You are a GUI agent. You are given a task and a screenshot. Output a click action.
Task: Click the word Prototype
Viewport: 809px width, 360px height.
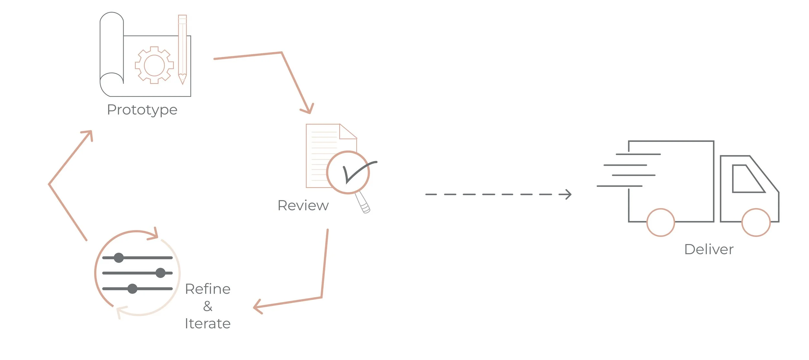(x=142, y=110)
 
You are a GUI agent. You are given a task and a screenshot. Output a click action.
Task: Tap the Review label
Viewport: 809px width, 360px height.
(x=303, y=206)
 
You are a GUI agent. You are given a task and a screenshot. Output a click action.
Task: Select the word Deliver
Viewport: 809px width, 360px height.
(x=709, y=250)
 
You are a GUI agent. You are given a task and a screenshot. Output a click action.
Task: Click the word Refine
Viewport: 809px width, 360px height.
(x=207, y=289)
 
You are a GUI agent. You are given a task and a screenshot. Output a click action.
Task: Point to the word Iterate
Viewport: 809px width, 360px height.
(x=207, y=324)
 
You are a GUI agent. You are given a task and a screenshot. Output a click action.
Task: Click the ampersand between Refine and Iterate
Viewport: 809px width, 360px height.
(x=208, y=306)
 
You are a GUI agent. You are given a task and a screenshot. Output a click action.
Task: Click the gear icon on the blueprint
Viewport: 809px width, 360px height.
(x=154, y=65)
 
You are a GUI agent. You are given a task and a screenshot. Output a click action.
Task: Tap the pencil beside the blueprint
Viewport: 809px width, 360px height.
(x=183, y=49)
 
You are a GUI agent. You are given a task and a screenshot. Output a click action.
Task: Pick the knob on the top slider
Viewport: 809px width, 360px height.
(x=119, y=258)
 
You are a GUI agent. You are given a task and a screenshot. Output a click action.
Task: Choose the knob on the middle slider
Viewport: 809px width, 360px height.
(x=161, y=273)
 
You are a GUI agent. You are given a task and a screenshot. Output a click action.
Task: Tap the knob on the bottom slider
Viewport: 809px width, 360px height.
(x=132, y=288)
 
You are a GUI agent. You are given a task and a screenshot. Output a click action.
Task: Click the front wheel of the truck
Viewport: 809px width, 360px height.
(x=756, y=222)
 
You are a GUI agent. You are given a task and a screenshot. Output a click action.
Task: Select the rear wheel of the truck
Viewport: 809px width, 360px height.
(x=660, y=222)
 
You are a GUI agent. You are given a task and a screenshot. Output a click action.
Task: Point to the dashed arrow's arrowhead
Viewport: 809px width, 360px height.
(x=567, y=195)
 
